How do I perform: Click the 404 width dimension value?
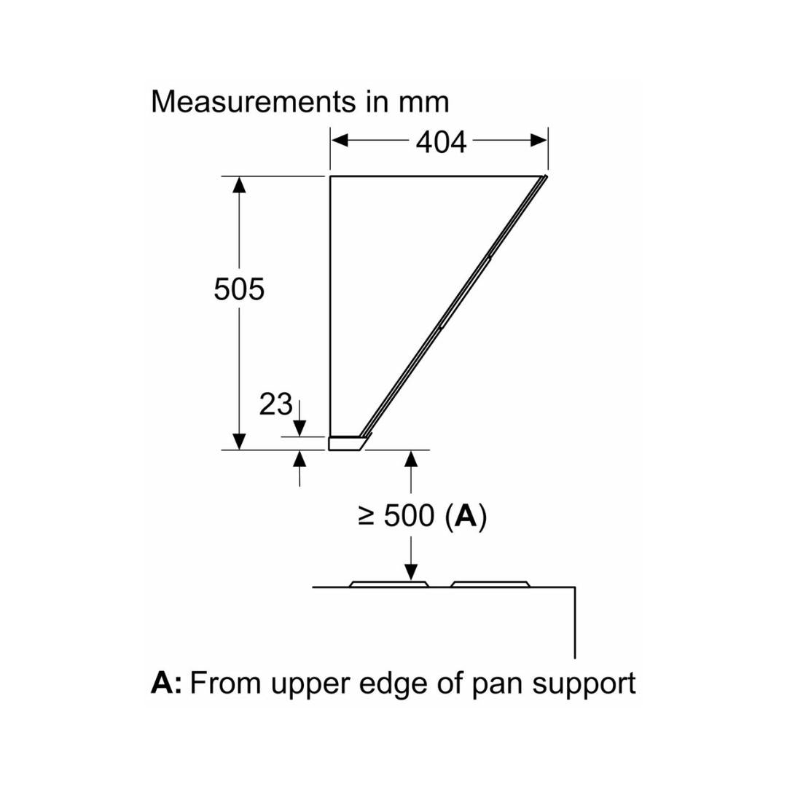441,142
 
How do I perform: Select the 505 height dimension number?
239,290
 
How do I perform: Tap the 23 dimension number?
275,404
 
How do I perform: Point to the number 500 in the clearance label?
409,517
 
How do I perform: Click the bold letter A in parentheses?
465,517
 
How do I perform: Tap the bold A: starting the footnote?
167,684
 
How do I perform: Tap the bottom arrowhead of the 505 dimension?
238,441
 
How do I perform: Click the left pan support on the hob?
388,584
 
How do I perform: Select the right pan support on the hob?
489,584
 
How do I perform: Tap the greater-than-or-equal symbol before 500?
367,517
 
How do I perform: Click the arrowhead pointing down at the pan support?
411,572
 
